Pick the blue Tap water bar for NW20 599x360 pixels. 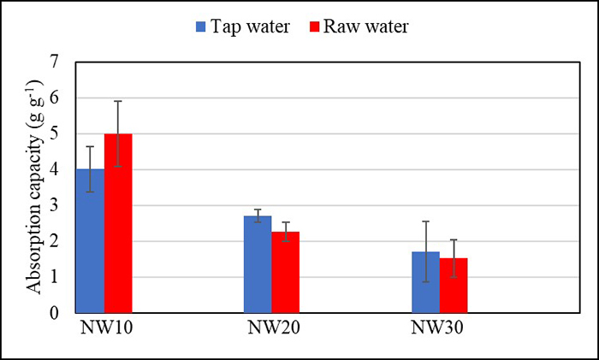(x=258, y=264)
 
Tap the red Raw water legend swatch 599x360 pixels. (x=315, y=27)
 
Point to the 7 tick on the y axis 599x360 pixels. (x=56, y=62)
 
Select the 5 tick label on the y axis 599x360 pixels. (x=56, y=134)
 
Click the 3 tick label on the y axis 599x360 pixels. (x=56, y=206)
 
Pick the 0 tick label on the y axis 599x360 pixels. (x=56, y=313)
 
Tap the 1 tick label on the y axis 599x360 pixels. (x=56, y=277)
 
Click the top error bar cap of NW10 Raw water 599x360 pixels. (x=118, y=101)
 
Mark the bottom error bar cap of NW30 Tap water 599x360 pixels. (x=425, y=282)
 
